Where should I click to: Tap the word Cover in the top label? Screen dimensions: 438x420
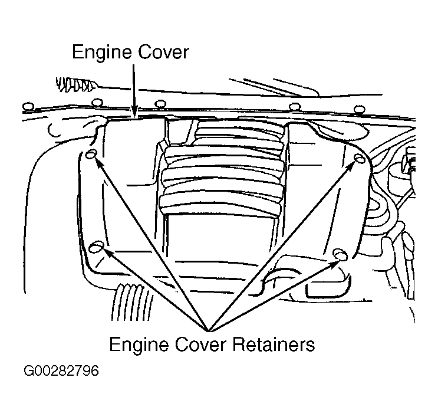click(165, 52)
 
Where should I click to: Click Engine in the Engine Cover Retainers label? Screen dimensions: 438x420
click(141, 344)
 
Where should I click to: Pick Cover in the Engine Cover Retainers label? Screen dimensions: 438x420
click(198, 344)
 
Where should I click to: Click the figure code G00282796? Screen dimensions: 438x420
click(61, 372)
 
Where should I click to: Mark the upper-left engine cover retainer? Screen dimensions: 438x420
click(90, 154)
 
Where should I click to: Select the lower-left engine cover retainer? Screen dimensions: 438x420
click(98, 245)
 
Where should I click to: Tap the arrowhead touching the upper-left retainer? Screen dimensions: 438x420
click(97, 163)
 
